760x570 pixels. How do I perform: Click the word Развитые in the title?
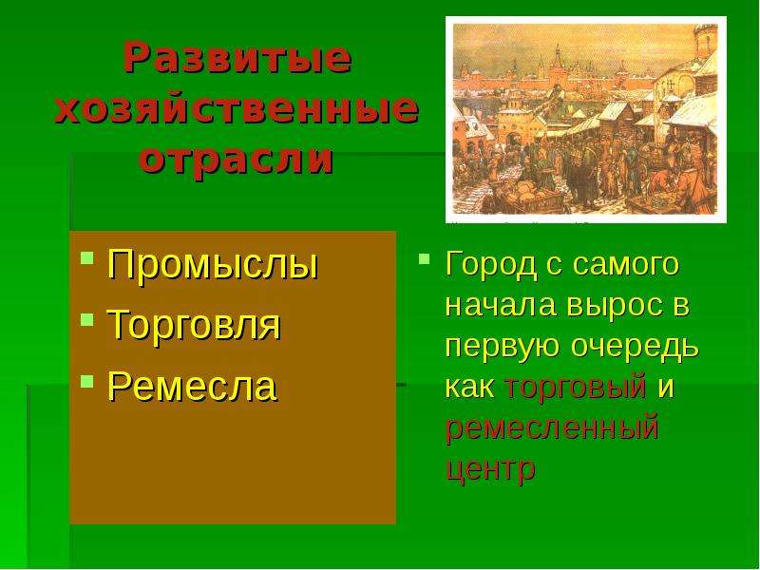click(x=237, y=58)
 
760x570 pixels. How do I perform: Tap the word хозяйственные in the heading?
click(x=237, y=108)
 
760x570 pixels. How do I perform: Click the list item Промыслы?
click(x=213, y=265)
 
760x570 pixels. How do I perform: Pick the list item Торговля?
click(x=195, y=326)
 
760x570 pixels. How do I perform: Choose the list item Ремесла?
click(x=193, y=387)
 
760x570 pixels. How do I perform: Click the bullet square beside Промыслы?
click(x=87, y=256)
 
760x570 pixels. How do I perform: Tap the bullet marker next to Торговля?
click(x=87, y=319)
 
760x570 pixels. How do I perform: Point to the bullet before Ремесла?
click(x=87, y=381)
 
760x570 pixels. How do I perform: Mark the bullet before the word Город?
click(x=424, y=257)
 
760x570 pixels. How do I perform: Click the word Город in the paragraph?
click(x=491, y=265)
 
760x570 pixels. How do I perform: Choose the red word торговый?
click(x=576, y=388)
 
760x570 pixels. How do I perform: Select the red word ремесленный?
click(x=552, y=428)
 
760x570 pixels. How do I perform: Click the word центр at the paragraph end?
click(x=490, y=469)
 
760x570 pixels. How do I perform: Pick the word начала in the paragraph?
click(x=501, y=306)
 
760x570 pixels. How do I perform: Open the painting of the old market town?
click(x=586, y=120)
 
